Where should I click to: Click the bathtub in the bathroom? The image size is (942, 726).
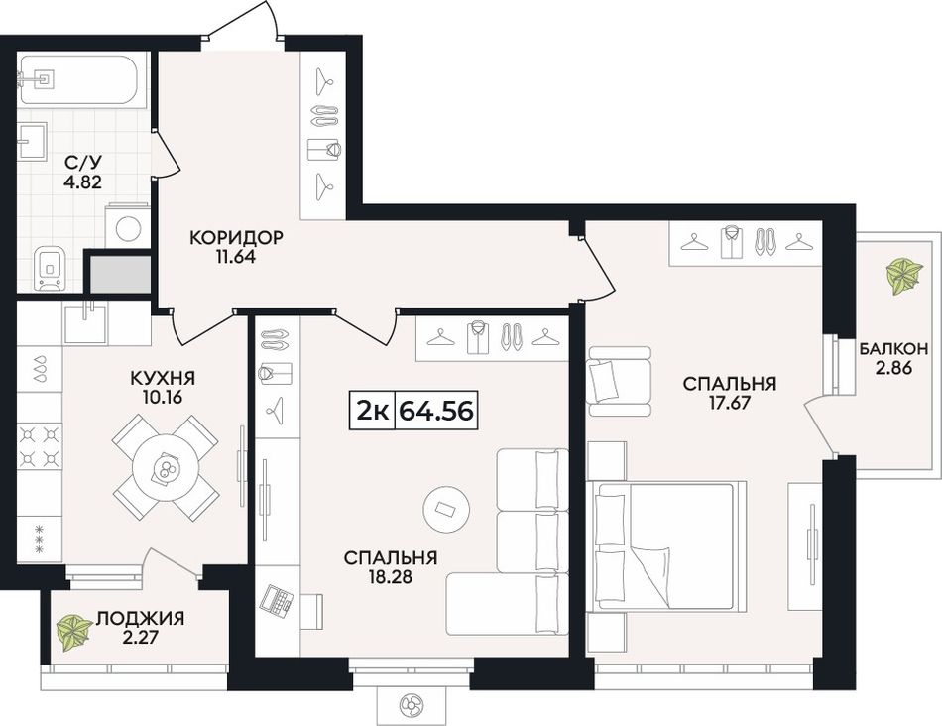coord(79,80)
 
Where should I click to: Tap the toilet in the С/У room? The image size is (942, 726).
coord(51,268)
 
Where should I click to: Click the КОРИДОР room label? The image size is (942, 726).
coord(236,237)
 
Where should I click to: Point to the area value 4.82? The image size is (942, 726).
coord(83,181)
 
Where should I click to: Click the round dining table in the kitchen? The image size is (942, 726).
coord(166,466)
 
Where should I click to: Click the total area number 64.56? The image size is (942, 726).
coord(435,411)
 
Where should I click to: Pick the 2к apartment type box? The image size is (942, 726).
coord(373,411)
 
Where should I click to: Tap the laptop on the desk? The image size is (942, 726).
coord(278,599)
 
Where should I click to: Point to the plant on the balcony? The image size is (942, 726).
coord(903,276)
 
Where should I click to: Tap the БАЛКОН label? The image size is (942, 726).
coord(893,348)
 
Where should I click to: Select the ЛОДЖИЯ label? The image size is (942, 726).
coord(141,618)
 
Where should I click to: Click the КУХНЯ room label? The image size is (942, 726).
coord(163,378)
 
